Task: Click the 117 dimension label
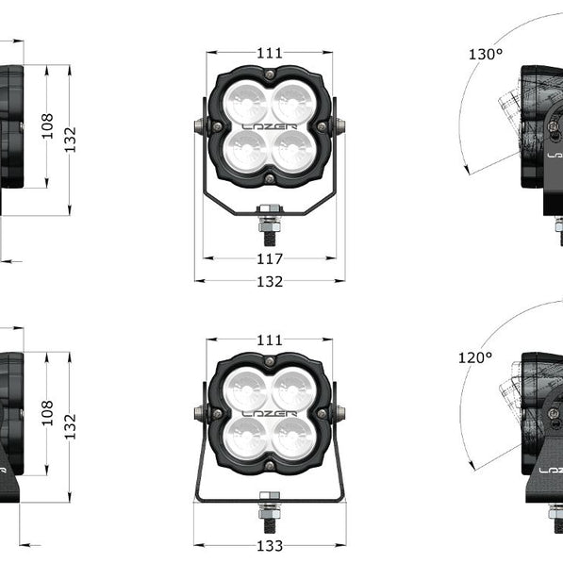tap(270, 258)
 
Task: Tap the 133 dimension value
tap(270, 546)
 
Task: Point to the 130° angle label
tap(486, 54)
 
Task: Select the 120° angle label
tap(475, 357)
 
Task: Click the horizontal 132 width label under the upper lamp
tap(270, 281)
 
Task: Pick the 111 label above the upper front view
tap(270, 53)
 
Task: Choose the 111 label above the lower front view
tap(270, 340)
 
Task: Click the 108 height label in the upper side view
tap(47, 126)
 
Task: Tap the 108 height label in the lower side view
tap(47, 413)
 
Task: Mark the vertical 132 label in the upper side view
tap(70, 140)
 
